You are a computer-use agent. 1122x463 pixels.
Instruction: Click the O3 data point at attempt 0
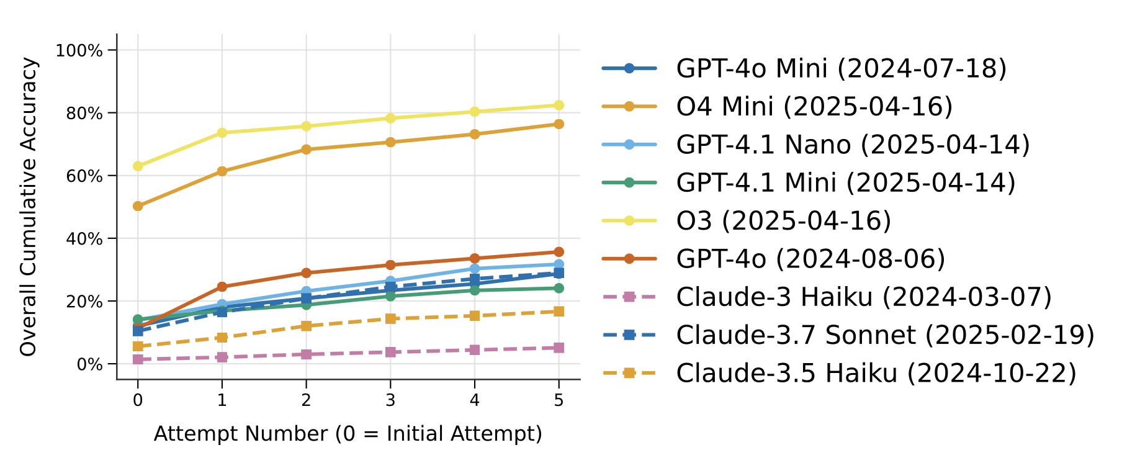click(x=138, y=166)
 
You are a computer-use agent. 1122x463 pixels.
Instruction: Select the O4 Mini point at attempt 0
click(x=138, y=206)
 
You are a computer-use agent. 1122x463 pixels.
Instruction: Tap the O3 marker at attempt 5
click(x=559, y=105)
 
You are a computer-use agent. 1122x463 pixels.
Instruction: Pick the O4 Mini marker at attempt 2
click(x=306, y=150)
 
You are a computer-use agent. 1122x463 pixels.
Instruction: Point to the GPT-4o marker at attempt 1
click(x=222, y=287)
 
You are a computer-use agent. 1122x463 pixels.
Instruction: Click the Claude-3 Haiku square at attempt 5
click(x=559, y=348)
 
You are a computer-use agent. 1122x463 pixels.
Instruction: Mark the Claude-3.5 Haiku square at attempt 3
click(x=390, y=318)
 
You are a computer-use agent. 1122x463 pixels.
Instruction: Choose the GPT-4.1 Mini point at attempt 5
click(x=559, y=288)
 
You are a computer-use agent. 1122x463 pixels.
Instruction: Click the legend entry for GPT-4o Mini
click(x=841, y=68)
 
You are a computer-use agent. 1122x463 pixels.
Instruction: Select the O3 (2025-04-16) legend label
click(x=783, y=220)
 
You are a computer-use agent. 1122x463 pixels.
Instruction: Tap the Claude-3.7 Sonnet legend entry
click(x=885, y=335)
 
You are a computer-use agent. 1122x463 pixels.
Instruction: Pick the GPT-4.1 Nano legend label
click(x=853, y=145)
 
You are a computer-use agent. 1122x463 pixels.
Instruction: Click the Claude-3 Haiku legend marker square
click(x=629, y=297)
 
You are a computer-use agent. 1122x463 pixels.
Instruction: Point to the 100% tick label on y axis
click(x=79, y=50)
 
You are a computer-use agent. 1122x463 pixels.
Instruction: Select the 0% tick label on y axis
click(x=89, y=364)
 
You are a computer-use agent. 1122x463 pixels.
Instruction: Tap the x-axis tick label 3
click(x=390, y=400)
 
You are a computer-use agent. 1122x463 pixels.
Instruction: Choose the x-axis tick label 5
click(x=559, y=400)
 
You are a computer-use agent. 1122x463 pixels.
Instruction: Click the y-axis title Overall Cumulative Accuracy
click(x=29, y=207)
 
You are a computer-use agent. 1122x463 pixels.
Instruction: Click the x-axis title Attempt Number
click(x=348, y=434)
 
